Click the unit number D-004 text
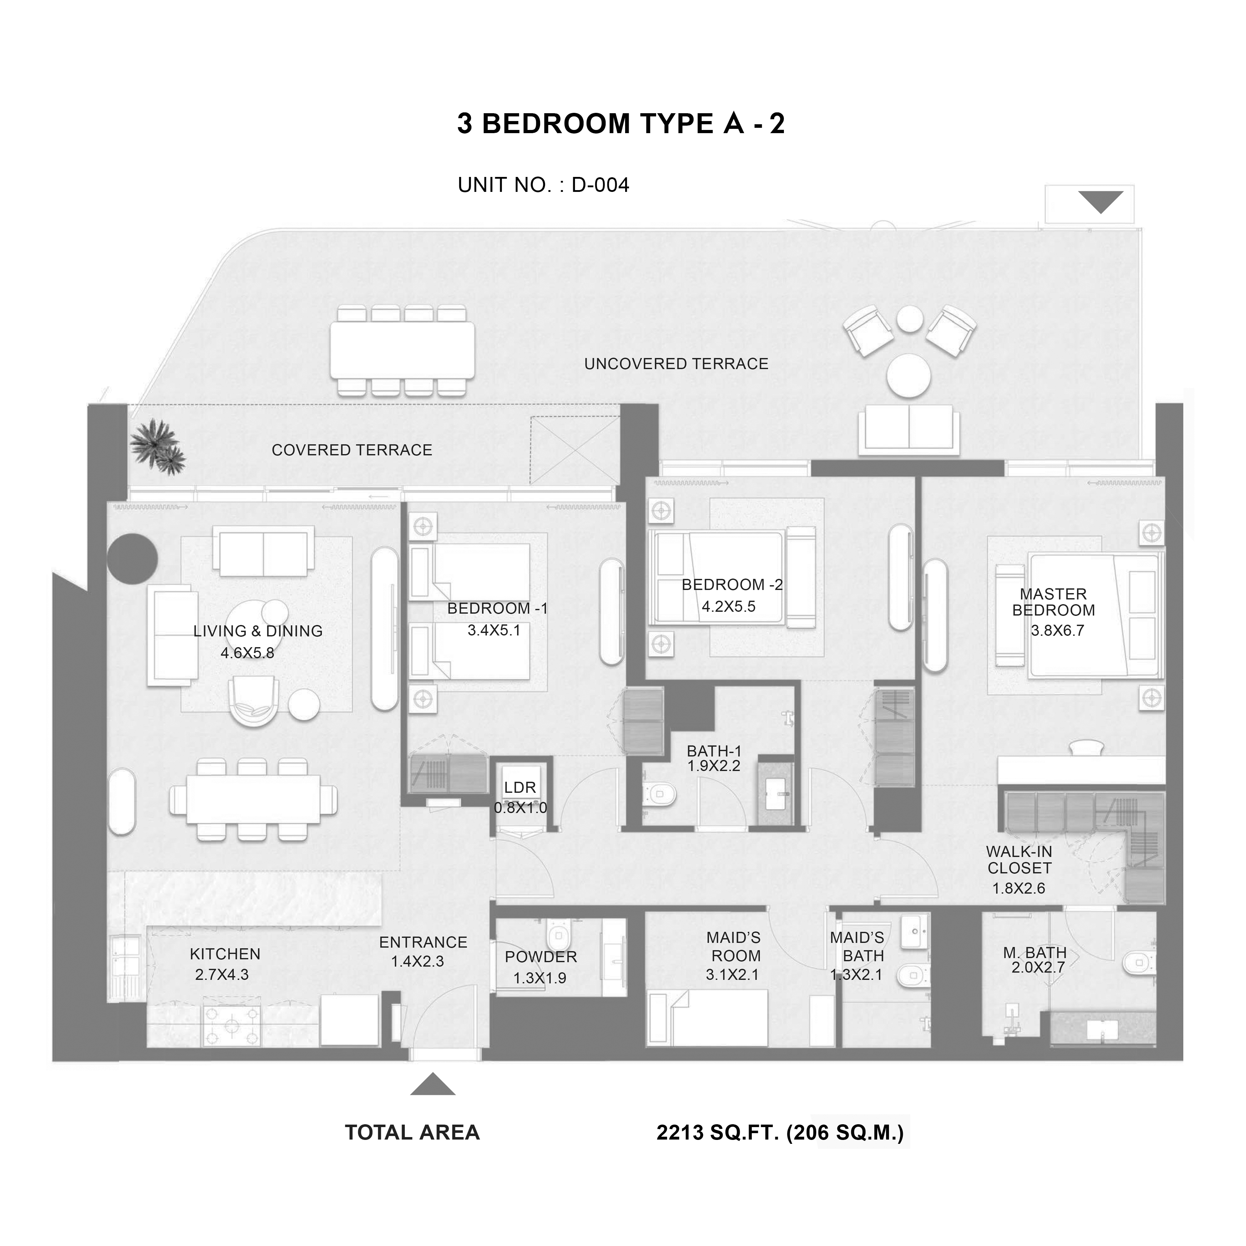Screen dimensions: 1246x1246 click(x=601, y=185)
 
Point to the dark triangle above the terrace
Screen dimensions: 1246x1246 click(x=1101, y=202)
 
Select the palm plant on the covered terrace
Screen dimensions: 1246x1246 click(x=157, y=446)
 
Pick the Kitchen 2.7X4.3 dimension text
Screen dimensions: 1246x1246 click(x=222, y=974)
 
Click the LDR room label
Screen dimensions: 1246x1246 click(x=520, y=787)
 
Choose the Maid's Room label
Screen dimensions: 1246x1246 click(x=734, y=946)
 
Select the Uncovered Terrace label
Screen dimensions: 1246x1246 click(x=676, y=364)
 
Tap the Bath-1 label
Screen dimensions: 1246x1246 click(x=714, y=751)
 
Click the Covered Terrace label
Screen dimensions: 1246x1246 click(x=352, y=450)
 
